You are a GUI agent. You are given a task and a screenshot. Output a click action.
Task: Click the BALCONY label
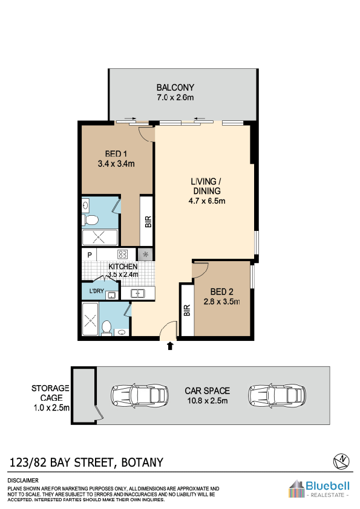175,88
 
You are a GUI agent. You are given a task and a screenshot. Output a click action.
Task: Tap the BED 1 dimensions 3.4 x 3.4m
116,164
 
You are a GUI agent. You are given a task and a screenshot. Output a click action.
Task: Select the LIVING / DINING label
206,186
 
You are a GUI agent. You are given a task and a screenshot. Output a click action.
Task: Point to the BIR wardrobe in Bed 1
146,221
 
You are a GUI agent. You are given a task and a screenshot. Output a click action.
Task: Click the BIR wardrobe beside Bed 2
187,310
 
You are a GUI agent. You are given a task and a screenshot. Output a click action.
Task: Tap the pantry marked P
90,255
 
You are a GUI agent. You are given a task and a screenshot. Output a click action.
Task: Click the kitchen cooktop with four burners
122,254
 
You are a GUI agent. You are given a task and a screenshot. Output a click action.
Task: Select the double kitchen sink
138,293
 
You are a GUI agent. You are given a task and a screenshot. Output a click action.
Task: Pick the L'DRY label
96,291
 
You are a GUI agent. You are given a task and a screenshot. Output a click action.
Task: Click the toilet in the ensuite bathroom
90,221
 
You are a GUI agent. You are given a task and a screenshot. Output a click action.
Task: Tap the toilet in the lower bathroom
106,328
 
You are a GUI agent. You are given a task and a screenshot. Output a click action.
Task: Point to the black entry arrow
170,346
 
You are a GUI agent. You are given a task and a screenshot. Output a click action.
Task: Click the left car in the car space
140,395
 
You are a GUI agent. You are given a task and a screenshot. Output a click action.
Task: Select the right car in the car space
277,395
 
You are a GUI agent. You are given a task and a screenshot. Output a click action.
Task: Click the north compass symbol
341,461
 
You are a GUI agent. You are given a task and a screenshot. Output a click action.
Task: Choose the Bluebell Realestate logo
319,488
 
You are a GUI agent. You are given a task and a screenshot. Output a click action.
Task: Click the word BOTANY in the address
142,462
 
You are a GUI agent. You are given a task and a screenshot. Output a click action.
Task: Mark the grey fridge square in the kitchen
145,254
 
